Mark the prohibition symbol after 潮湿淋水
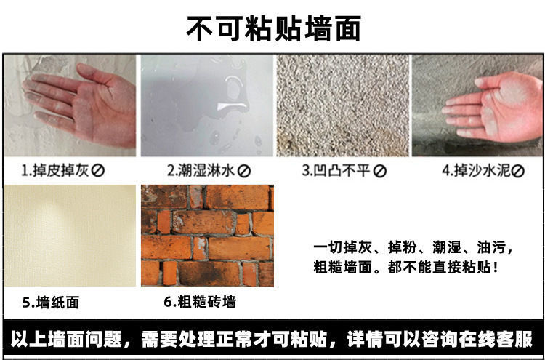(x=245, y=172)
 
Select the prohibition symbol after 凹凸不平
(x=379, y=172)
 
